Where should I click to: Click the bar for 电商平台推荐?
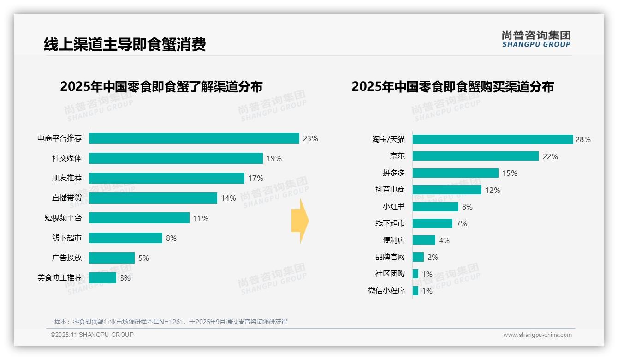coord(194,138)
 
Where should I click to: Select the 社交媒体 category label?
coord(67,158)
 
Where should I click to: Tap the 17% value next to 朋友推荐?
coord(256,178)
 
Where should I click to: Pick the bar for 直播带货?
coord(153,198)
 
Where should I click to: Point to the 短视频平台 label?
coord(63,218)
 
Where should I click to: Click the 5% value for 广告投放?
coord(143,258)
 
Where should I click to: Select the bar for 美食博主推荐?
coord(102,278)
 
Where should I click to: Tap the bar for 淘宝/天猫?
coord(493,139)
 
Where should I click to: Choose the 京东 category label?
coord(397,156)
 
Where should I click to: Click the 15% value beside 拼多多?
coord(510,173)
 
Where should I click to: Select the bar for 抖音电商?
coord(447,190)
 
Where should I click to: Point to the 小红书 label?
coord(393,207)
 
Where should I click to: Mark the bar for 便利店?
coord(424,240)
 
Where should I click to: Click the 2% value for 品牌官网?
coord(432,257)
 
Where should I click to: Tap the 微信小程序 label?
coord(386,291)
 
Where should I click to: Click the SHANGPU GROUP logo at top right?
coord(536,39)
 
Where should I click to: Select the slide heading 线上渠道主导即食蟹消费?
coord(125,44)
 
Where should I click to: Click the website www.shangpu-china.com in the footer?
coord(537,335)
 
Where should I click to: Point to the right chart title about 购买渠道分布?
coord(452,87)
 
